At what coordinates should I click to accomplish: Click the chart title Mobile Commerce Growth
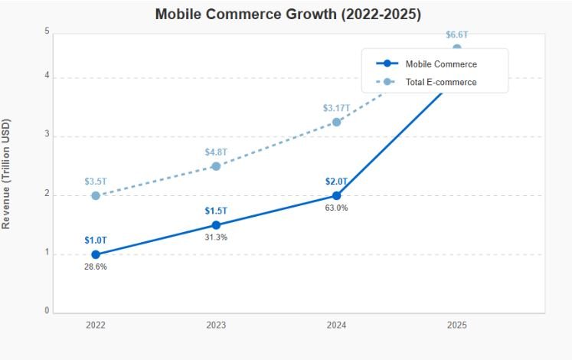click(x=287, y=14)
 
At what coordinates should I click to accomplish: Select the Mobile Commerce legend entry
click(x=440, y=64)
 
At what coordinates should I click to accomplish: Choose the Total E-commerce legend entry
click(x=440, y=82)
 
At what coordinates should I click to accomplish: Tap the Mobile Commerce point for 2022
click(x=96, y=254)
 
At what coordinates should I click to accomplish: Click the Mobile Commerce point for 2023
click(x=216, y=225)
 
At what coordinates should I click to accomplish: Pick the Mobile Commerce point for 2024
click(x=336, y=195)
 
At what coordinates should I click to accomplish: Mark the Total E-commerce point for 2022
click(x=96, y=195)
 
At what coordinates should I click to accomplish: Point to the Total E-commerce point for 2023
click(x=216, y=166)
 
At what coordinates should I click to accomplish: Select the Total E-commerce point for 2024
click(x=336, y=122)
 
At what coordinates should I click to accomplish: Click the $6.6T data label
click(x=456, y=35)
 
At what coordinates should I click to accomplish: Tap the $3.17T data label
click(x=336, y=108)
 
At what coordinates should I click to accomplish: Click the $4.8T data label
click(x=216, y=152)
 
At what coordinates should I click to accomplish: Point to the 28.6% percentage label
click(x=96, y=267)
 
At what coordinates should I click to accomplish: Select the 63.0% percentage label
click(x=336, y=208)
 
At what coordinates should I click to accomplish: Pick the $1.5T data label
click(x=216, y=211)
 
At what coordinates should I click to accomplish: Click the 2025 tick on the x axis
click(x=456, y=326)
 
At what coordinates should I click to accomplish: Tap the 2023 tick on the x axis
click(x=216, y=326)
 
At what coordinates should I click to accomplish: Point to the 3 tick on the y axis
click(x=47, y=135)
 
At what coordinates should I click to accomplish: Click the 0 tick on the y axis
click(x=47, y=311)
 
